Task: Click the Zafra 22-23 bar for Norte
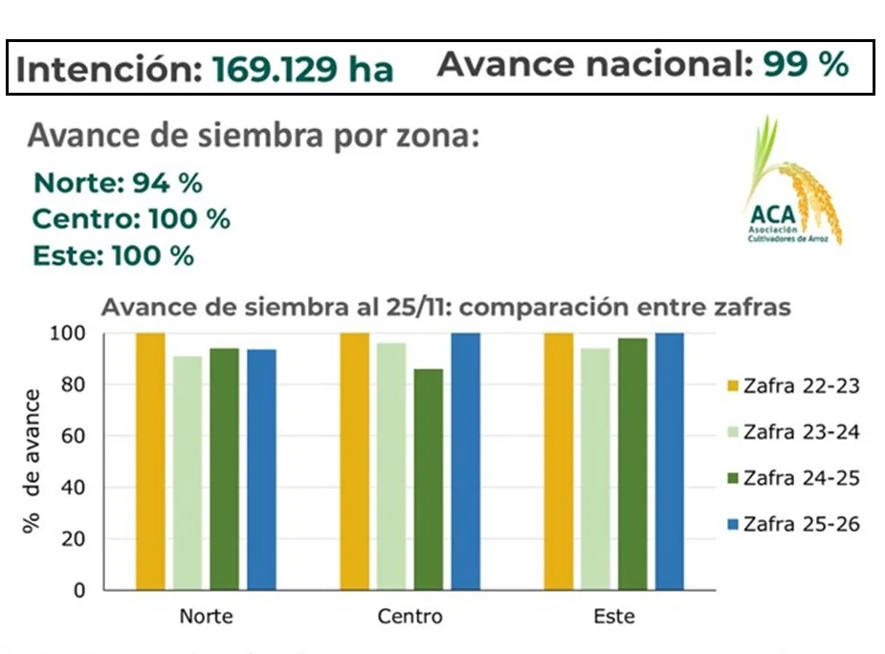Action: (150, 461)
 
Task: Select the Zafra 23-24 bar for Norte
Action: (188, 472)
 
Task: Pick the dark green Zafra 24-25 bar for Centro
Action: (429, 479)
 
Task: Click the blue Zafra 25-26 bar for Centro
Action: (465, 461)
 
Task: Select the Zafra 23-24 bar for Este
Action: (595, 469)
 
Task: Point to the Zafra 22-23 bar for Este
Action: (559, 461)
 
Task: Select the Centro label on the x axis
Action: (410, 616)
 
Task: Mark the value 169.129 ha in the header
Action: (302, 69)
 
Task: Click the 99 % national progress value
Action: (806, 64)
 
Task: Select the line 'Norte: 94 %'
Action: (118, 183)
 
